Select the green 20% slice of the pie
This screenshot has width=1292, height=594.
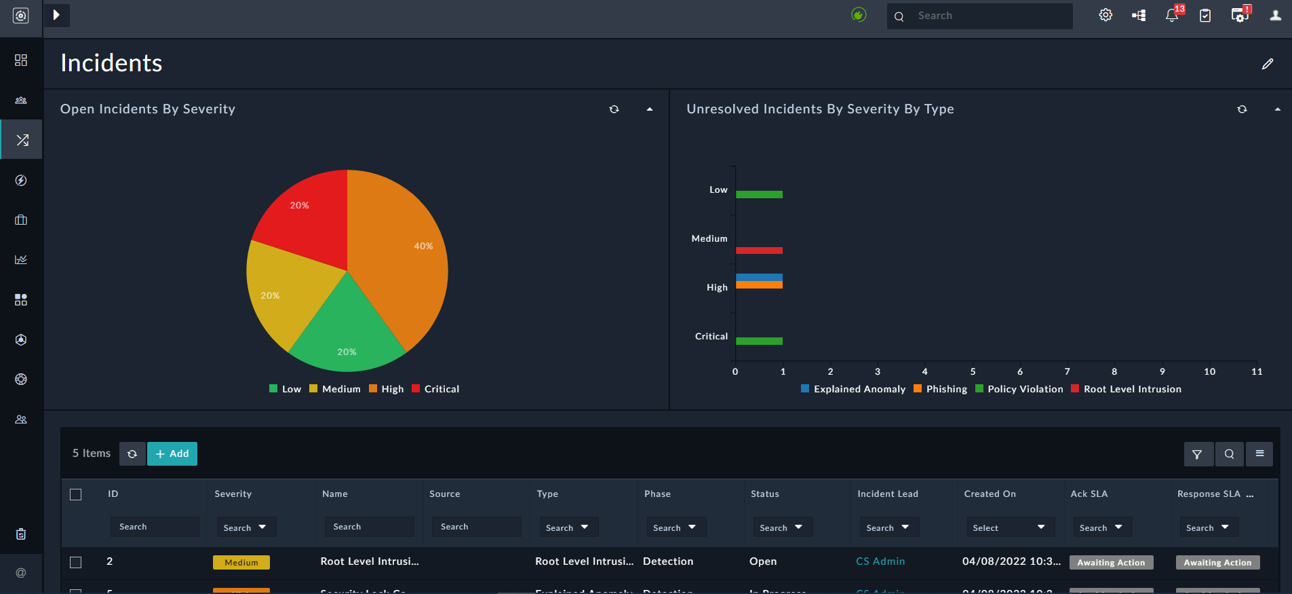347,333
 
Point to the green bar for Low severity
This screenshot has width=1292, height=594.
759,195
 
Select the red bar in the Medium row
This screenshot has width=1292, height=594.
759,250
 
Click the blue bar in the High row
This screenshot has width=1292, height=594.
759,277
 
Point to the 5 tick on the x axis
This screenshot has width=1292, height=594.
973,371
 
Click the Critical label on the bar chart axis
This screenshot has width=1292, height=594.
711,336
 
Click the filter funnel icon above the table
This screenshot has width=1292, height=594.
1197,454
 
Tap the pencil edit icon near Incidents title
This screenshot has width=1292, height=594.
1267,64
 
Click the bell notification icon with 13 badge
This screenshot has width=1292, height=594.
1171,16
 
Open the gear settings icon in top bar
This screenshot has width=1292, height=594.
1105,15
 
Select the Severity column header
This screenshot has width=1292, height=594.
233,494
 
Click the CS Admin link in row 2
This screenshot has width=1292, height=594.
880,561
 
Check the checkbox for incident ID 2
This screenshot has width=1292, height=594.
76,562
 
